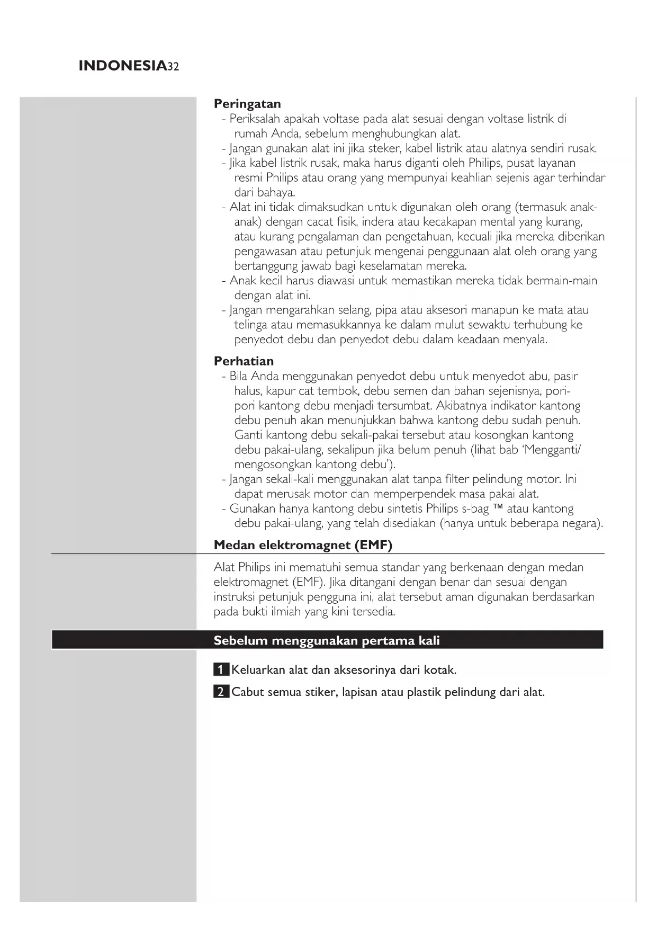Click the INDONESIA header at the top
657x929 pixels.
click(x=122, y=66)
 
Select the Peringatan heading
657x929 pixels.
click(x=247, y=104)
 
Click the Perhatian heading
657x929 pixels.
click(x=244, y=361)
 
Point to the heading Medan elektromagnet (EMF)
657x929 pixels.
click(x=303, y=545)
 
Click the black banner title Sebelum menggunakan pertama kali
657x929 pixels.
click(x=327, y=640)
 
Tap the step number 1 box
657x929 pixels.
click(x=221, y=670)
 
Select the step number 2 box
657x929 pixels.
click(x=221, y=692)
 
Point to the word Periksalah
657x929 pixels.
click(x=255, y=119)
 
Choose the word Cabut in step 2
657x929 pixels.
click(x=248, y=692)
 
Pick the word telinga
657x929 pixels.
click(x=251, y=325)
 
